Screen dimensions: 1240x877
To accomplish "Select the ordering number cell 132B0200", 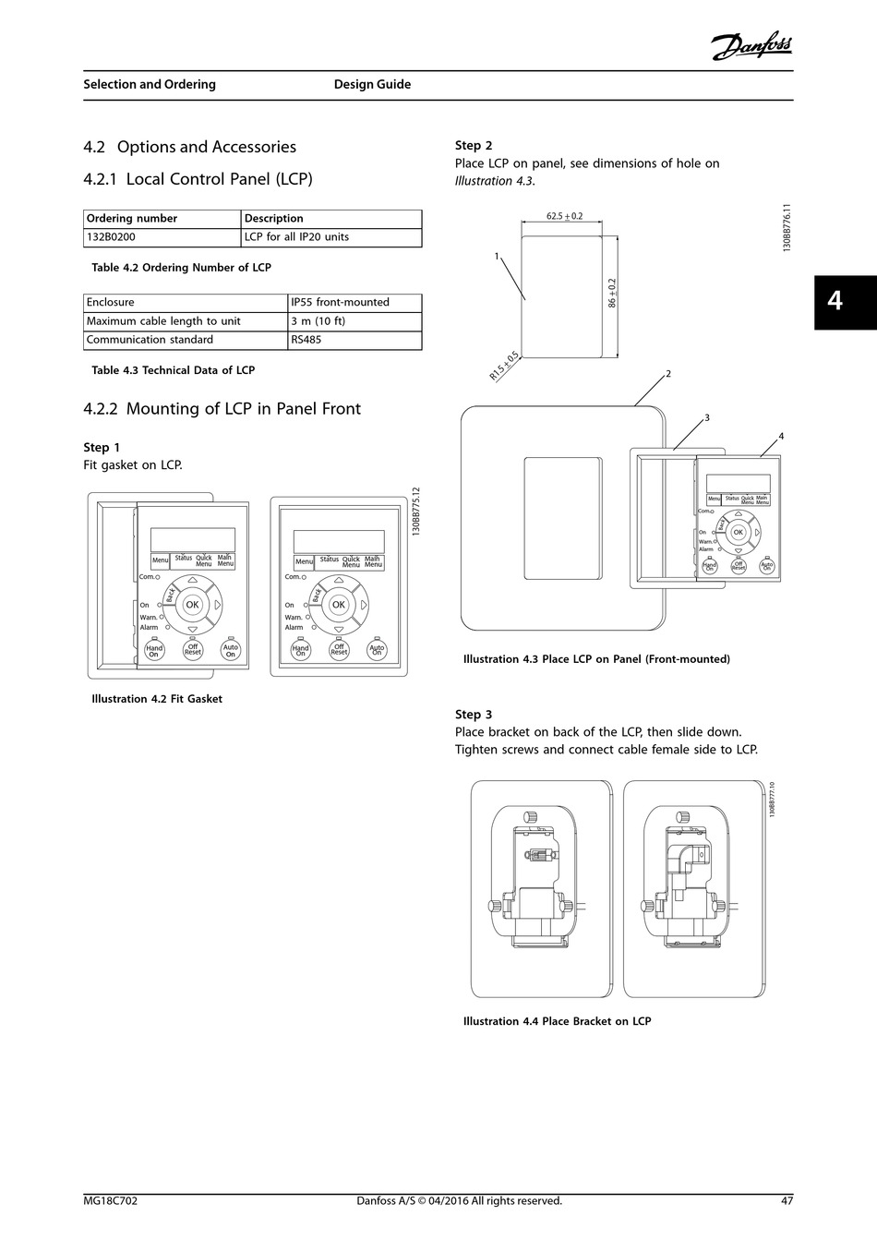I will coord(111,237).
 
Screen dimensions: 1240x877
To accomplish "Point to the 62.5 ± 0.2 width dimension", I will coord(564,216).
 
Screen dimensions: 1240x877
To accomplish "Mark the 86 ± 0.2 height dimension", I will coord(611,293).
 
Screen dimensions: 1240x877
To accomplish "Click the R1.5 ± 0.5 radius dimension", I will coord(504,367).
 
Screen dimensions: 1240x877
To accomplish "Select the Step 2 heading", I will coord(474,145).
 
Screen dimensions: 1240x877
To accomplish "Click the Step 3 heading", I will coord(474,715).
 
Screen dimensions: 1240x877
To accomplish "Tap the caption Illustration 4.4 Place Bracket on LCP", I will coord(557,1021).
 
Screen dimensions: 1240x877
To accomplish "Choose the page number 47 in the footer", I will coord(787,1201).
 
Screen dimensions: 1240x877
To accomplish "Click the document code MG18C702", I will coord(111,1201).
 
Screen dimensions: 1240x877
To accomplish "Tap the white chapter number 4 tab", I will coord(835,301).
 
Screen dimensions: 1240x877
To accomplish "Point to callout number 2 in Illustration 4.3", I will coord(667,374).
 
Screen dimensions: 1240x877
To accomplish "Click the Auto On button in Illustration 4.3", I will coord(766,566).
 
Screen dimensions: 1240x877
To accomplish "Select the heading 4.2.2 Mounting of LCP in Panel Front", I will coord(222,408).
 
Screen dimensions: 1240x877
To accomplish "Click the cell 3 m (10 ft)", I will coord(318,321).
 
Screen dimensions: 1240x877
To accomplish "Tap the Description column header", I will coord(273,219).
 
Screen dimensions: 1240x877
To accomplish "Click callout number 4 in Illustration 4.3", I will coord(781,436).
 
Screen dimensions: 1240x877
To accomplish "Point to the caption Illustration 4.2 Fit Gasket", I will coord(157,699).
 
